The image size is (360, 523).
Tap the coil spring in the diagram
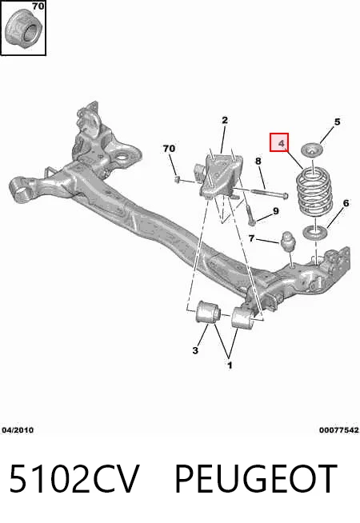[x=314, y=193]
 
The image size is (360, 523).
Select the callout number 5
[x=337, y=122]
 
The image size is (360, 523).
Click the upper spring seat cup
[x=312, y=150]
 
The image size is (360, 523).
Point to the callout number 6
[x=346, y=203]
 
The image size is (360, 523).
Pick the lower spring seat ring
[x=315, y=232]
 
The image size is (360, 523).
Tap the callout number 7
[x=251, y=238]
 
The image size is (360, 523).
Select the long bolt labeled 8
[x=269, y=194]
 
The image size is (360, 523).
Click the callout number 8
[x=258, y=161]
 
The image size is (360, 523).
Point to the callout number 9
[x=275, y=211]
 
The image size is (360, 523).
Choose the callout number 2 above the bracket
[x=225, y=120]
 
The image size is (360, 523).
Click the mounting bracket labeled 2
[x=221, y=177]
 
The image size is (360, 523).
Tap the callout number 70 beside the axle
[x=169, y=148]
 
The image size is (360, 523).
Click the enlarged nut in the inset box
[x=23, y=29]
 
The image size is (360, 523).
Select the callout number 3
[x=195, y=350]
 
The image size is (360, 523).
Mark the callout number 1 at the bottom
[x=230, y=365]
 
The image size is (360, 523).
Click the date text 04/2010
[x=18, y=430]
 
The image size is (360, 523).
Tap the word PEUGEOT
[x=256, y=478]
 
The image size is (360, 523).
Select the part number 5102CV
[x=74, y=478]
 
